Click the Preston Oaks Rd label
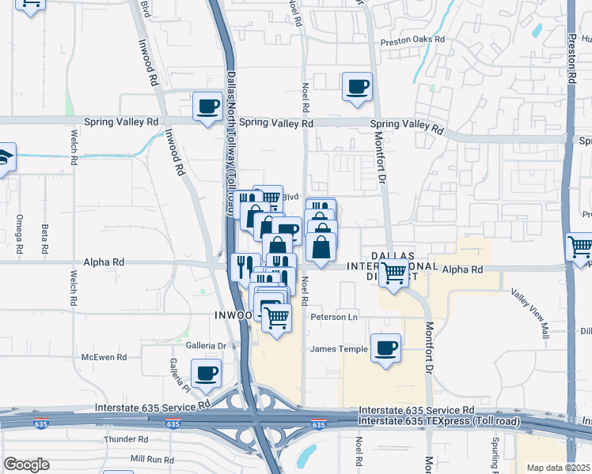(413, 39)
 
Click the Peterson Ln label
(335, 317)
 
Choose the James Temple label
(339, 349)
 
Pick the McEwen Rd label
(104, 357)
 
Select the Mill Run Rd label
(152, 459)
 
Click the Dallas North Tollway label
(232, 142)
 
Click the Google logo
(26, 465)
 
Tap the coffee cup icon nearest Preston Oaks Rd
(357, 86)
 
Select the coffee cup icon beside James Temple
(385, 348)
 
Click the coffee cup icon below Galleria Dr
(207, 373)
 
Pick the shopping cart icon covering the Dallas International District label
(393, 274)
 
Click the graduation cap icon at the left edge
(5, 156)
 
